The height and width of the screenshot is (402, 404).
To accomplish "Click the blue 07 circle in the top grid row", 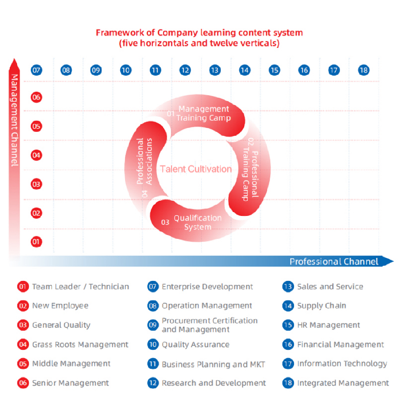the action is coord(36,70).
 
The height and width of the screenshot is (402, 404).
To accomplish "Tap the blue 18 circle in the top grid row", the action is coord(363,70).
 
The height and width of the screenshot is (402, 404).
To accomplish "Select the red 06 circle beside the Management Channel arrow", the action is coord(36,97).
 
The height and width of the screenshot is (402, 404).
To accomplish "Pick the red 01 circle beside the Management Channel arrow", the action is coord(36,242).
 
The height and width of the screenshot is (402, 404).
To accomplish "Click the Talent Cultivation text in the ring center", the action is coord(196,169).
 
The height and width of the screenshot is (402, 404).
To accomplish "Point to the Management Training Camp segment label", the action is coord(204,113).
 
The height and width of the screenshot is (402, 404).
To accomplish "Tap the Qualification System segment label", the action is coord(198,222).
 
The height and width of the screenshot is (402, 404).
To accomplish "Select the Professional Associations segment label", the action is coord(144,161).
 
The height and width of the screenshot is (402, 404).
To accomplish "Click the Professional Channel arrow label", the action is coord(334,261).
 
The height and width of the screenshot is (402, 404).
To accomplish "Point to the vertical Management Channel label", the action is coord(15,120).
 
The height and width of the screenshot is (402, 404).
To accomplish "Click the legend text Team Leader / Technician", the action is coord(81,287).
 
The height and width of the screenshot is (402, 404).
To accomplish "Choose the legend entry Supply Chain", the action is coord(321,306).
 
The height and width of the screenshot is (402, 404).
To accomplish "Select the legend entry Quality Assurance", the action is coord(195,344).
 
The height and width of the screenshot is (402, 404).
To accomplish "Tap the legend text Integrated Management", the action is coord(343,383).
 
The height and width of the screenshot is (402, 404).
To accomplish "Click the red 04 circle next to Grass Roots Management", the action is coord(23,344).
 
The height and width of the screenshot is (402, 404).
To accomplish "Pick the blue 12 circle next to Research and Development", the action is coord(153,383).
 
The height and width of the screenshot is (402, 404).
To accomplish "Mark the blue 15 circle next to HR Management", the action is coord(288,325).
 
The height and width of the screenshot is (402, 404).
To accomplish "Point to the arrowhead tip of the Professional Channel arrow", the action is coord(394,261).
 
